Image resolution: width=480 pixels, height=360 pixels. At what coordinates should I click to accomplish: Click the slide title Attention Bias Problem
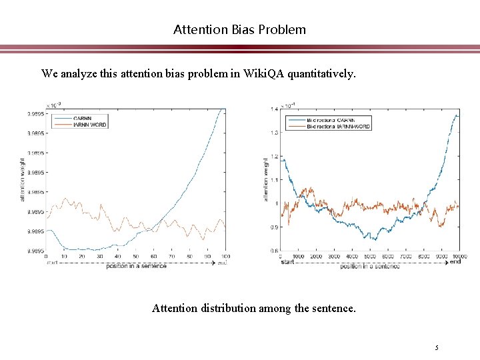[x=239, y=29]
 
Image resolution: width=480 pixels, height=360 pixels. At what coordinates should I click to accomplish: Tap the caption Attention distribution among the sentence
[x=253, y=308]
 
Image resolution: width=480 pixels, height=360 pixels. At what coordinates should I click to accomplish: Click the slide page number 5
[x=437, y=347]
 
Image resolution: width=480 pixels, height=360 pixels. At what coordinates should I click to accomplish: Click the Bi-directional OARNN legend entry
[x=331, y=120]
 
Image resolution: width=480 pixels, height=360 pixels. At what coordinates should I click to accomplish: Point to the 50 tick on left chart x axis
[x=135, y=257]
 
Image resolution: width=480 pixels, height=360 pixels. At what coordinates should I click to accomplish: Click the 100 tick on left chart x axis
[x=225, y=257]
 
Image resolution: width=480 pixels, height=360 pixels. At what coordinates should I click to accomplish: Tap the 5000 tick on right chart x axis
[x=370, y=257]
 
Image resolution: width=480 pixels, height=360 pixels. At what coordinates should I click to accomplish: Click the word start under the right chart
[x=287, y=262]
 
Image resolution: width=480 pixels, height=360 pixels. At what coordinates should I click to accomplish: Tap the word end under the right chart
[x=455, y=262]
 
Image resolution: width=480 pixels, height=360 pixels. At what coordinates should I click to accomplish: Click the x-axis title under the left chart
[x=136, y=265]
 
